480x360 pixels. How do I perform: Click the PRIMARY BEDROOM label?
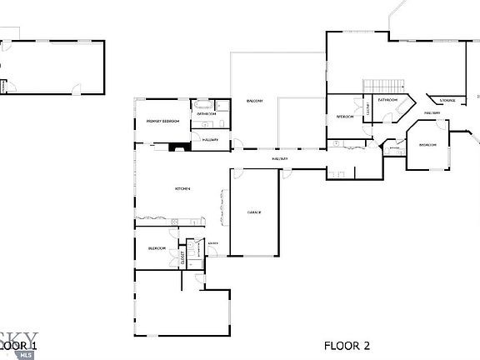pos(163,122)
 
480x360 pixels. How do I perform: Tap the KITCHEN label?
pos(182,189)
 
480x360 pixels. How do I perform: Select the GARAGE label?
pos(254,212)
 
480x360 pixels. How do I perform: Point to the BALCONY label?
pos(254,102)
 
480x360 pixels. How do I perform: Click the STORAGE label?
pos(447,100)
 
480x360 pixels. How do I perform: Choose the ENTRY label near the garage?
pos(212,243)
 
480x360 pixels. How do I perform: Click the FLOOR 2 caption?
pos(347,345)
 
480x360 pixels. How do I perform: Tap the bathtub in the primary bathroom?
pos(202,105)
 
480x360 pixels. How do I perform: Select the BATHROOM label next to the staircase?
pos(387,100)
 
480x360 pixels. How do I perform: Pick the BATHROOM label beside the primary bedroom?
pos(207,113)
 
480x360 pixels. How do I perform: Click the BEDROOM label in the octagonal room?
pos(427,145)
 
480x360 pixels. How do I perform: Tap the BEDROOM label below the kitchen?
pos(157,248)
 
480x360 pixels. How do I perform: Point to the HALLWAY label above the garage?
pos(280,158)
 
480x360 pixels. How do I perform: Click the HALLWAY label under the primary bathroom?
pos(210,140)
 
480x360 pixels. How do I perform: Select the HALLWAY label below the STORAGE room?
pos(432,112)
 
